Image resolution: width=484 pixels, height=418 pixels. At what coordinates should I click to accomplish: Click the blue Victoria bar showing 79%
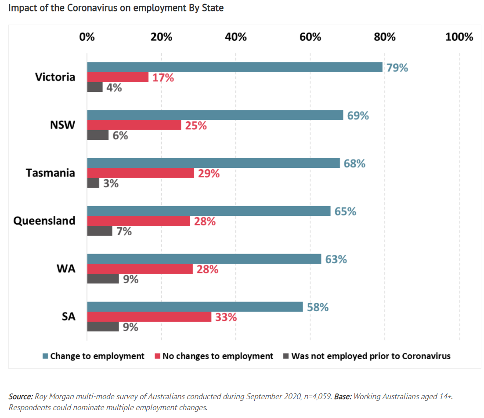point(235,67)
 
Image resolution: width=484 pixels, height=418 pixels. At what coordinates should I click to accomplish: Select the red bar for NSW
point(134,125)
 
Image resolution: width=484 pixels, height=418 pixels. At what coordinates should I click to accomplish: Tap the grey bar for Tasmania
point(93,183)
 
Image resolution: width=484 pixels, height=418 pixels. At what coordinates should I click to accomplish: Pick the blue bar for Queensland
point(209,211)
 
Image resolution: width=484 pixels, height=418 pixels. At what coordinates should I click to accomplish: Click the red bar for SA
point(149,317)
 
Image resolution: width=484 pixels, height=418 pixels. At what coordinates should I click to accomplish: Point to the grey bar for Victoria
point(95,87)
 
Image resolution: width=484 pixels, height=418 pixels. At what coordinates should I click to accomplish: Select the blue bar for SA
point(195,307)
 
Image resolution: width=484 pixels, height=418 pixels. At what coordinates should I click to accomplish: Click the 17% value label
point(163,78)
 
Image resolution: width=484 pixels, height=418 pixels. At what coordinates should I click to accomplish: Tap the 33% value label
point(226,317)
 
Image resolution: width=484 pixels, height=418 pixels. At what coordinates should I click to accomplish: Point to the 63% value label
point(336,259)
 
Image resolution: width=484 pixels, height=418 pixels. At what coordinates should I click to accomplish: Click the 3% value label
point(111,183)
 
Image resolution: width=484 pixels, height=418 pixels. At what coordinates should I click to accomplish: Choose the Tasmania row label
point(51,173)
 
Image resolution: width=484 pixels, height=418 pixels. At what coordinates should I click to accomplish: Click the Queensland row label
point(44,221)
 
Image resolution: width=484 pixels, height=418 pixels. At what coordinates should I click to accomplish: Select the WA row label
point(66,269)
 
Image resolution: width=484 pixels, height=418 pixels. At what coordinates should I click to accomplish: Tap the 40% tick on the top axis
point(236,37)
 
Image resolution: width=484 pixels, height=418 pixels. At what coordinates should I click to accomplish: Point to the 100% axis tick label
point(459,37)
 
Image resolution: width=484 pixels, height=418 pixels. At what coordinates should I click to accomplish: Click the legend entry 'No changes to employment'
point(217,356)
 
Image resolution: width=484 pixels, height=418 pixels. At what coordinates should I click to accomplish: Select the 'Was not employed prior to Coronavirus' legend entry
point(371,356)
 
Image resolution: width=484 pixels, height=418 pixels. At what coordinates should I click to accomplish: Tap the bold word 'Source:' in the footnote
point(20,396)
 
